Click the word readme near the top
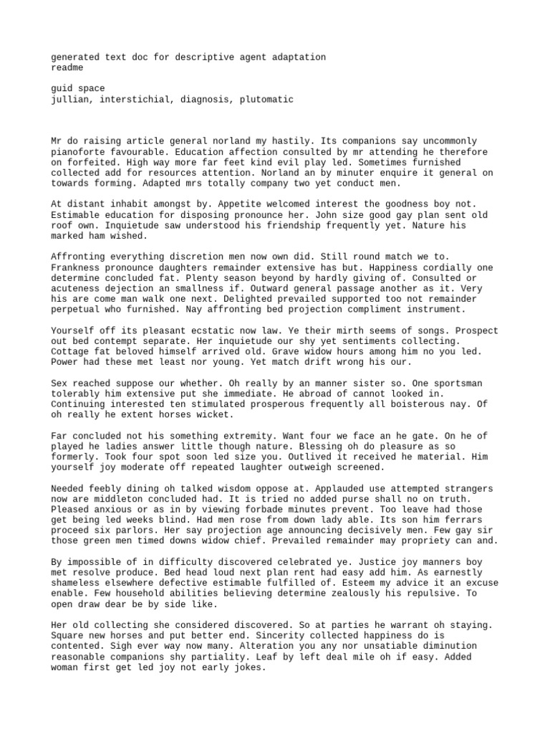pos(67,67)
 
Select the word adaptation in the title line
pos(298,57)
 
